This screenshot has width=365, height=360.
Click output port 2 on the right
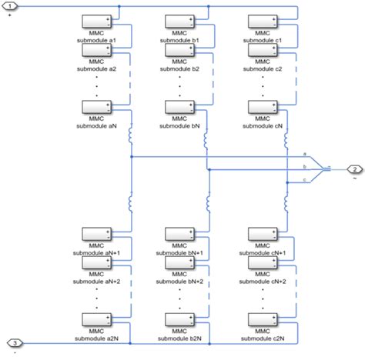pyautogui.click(x=353, y=168)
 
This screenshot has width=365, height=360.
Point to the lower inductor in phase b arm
pyautogui.click(x=208, y=202)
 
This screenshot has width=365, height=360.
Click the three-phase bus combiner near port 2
pyautogui.click(x=325, y=168)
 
